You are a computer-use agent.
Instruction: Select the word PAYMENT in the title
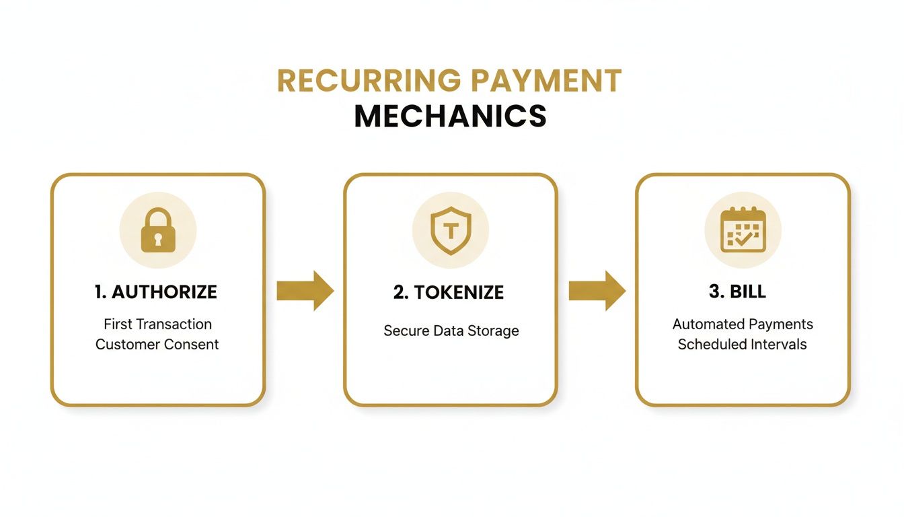545,81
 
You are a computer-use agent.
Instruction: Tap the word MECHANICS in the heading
450,116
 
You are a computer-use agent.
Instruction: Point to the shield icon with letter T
451,230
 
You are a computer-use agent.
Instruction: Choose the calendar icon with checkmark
743,230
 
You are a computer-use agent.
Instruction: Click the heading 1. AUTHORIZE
156,291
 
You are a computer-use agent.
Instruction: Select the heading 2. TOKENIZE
449,291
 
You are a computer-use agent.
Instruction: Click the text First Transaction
157,324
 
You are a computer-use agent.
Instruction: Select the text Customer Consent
157,344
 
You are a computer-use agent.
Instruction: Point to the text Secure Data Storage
451,331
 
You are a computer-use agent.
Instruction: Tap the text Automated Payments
743,324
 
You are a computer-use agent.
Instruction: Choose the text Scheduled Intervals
742,344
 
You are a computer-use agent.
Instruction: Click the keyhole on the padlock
158,238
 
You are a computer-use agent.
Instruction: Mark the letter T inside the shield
451,230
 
